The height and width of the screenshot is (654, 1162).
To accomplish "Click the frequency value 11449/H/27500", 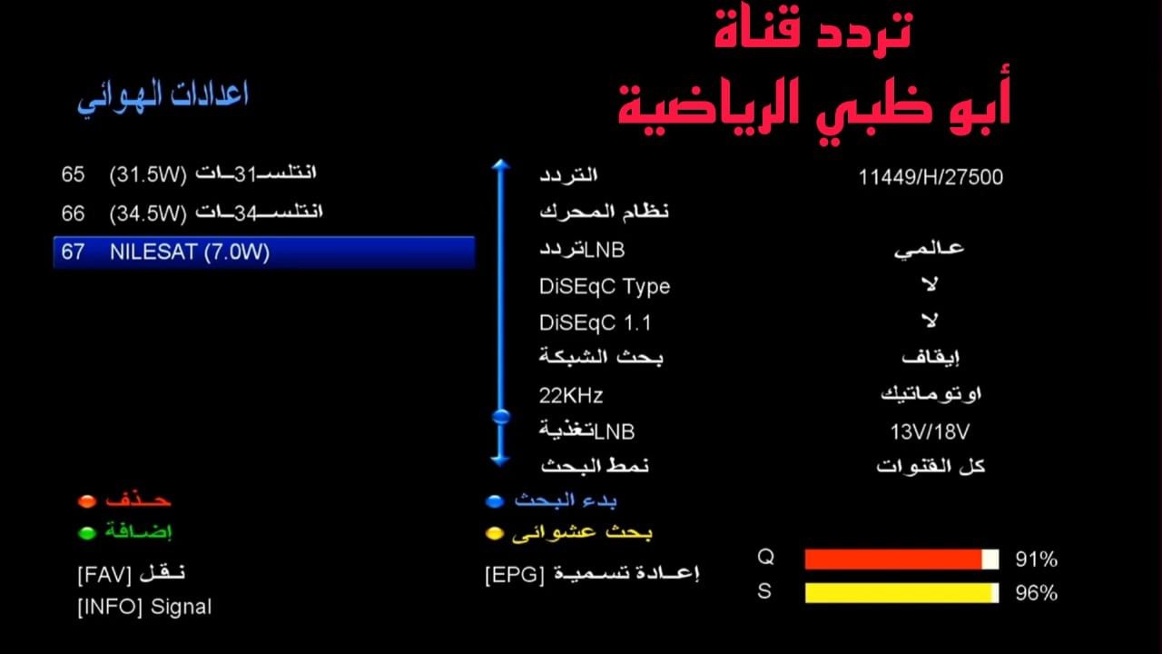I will coord(931,177).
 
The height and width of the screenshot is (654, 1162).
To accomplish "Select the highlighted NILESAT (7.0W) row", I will coord(263,252).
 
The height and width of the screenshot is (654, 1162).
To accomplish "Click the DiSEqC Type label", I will coord(604,286).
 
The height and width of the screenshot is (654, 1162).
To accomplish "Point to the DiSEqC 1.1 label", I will coord(595,322).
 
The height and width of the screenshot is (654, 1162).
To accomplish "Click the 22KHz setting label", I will coord(571,395).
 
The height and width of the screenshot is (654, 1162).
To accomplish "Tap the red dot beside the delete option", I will coord(87,500).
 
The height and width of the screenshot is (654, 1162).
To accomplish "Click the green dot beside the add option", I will coord(87,533).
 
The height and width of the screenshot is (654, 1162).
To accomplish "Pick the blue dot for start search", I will coord(494,500).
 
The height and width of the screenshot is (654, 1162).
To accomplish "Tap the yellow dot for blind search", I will coord(494,533).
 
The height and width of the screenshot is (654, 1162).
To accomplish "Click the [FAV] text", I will coord(105,574).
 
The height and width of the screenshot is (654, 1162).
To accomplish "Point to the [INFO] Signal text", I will coord(144,607).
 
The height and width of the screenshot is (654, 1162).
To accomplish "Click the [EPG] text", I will coord(515,574).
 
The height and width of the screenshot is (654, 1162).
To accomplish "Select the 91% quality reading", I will coord(1036,560).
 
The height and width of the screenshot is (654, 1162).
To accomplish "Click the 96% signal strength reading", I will coord(1036,593).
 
